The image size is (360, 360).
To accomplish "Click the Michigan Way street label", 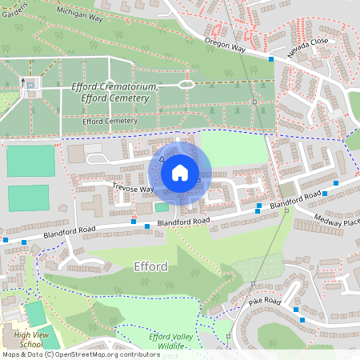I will click(66, 16).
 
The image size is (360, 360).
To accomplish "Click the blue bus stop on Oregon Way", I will click(271, 59).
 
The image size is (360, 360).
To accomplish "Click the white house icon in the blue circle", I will click(180, 172).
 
